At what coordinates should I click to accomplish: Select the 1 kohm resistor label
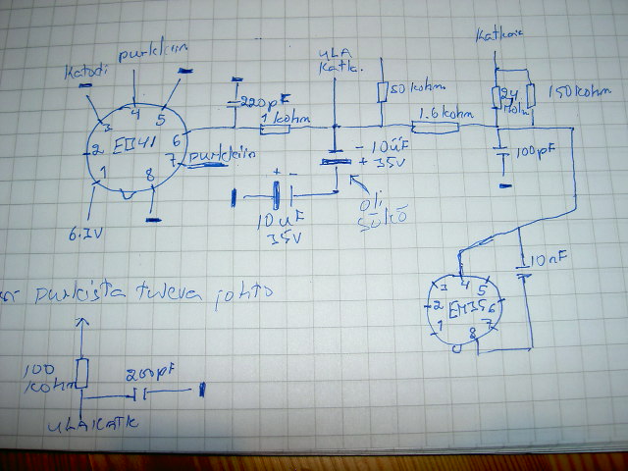click(286, 120)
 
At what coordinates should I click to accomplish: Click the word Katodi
click(85, 74)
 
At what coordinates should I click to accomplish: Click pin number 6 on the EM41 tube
click(178, 139)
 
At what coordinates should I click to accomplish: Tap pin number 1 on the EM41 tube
click(105, 174)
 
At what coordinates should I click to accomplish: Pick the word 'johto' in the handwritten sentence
click(248, 291)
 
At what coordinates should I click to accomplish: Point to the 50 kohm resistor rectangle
click(383, 92)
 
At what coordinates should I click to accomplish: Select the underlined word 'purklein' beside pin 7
click(224, 155)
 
